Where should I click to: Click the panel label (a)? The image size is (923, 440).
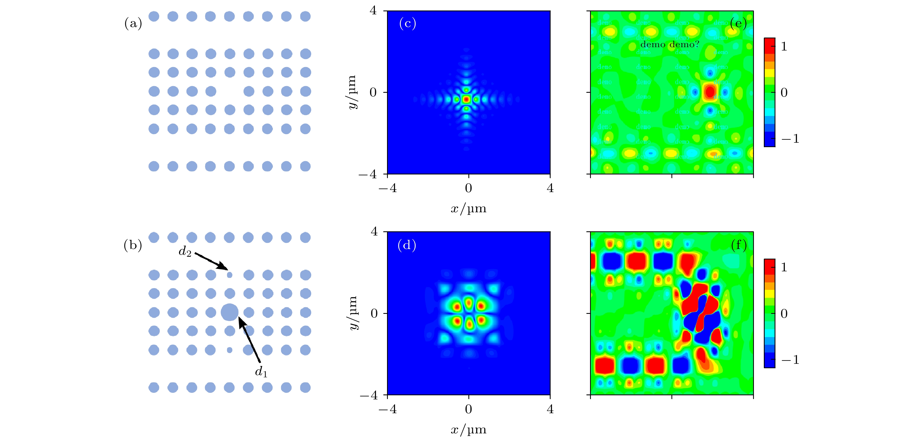(x=133, y=24)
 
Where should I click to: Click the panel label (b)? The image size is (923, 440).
(x=133, y=245)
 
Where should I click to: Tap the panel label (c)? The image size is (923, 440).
(x=407, y=24)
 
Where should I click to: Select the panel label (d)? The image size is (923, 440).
(x=407, y=245)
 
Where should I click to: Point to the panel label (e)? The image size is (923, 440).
(x=738, y=24)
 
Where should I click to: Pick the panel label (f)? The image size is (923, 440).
(x=739, y=245)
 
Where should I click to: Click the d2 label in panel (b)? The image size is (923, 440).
(x=185, y=252)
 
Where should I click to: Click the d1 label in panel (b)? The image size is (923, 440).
(x=261, y=372)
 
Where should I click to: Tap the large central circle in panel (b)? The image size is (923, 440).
(x=230, y=312)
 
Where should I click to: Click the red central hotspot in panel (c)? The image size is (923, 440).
(x=466, y=99)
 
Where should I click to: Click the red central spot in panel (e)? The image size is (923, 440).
(x=710, y=92)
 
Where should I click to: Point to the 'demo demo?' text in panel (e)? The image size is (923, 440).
(x=669, y=45)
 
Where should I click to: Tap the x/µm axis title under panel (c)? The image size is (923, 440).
(x=468, y=208)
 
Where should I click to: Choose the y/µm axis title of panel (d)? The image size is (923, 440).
(x=353, y=313)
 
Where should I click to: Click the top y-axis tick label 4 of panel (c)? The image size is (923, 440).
(x=373, y=11)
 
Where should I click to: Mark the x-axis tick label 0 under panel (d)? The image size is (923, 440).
(x=468, y=409)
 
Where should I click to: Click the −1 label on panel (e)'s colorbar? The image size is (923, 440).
(x=790, y=139)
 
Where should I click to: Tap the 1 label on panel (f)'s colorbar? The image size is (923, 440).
(x=784, y=267)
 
